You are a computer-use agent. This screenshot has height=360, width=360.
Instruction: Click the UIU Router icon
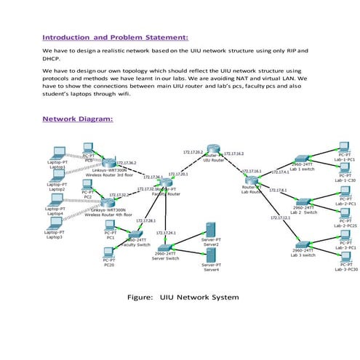point(212,149)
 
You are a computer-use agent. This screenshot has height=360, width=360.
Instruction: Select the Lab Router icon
point(252,179)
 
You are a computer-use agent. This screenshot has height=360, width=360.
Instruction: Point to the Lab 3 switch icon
point(303,247)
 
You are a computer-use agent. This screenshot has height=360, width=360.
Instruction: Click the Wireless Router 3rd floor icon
point(109,163)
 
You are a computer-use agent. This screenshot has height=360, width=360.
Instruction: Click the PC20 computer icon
point(109,254)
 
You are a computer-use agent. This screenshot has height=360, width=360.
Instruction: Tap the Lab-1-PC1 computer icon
point(345,148)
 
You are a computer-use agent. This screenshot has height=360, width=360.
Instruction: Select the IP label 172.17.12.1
point(281,217)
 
